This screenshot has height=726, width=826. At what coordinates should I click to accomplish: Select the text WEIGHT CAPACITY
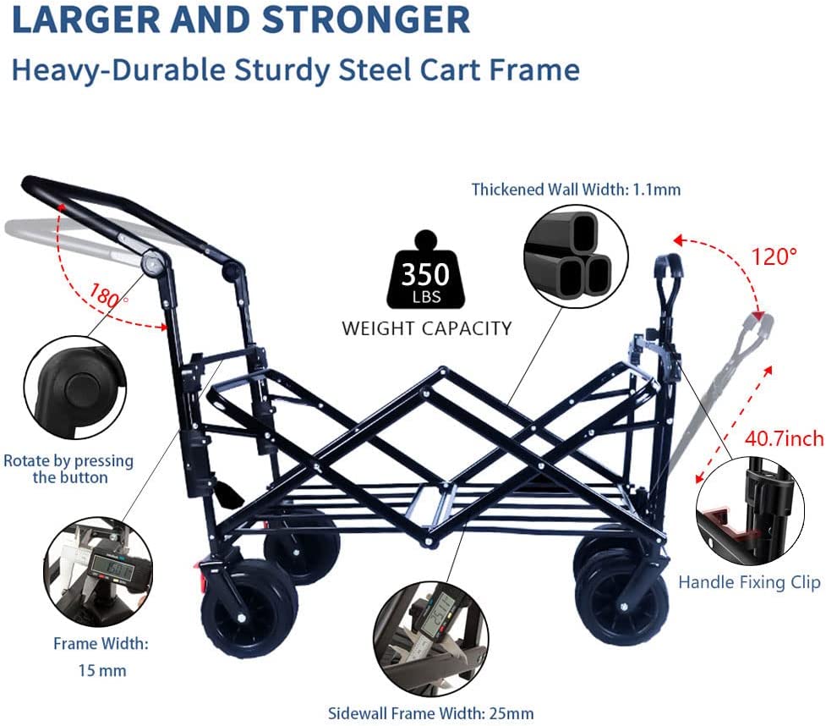(x=426, y=328)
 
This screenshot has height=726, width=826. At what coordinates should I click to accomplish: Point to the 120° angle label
(x=774, y=256)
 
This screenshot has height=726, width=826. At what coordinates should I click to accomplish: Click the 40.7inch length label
(x=783, y=439)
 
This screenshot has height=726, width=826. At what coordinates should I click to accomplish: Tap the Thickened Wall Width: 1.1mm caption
(x=576, y=190)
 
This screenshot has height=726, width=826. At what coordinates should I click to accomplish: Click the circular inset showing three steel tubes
(x=576, y=255)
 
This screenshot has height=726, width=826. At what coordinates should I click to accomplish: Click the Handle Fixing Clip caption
(x=749, y=582)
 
